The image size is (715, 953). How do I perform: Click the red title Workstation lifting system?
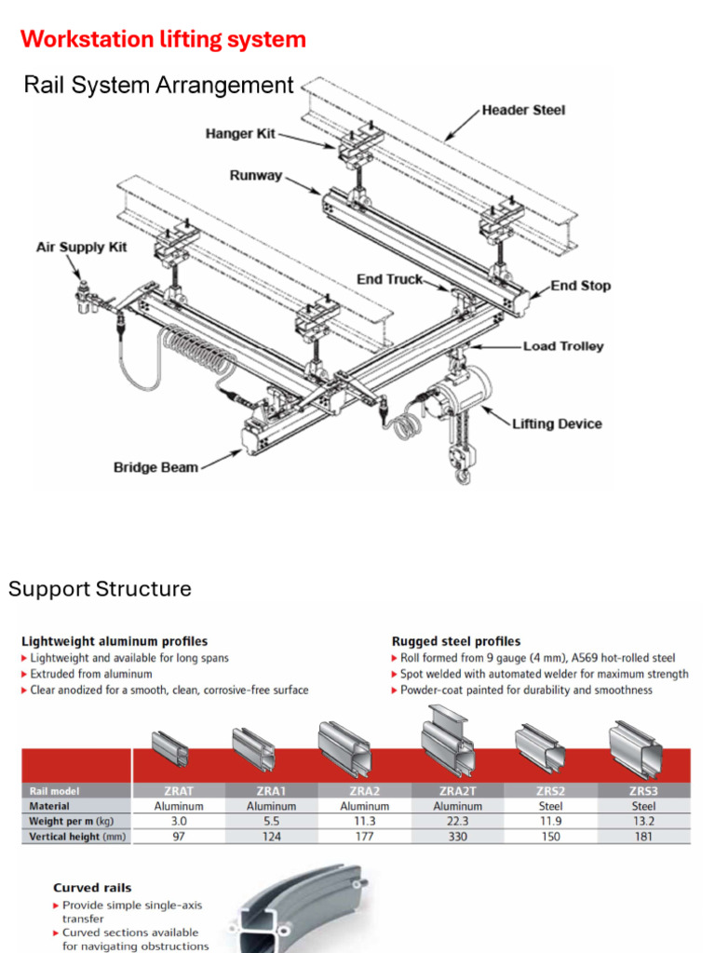click(163, 39)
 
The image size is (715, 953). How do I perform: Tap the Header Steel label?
click(523, 110)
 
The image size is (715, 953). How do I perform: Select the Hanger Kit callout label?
click(241, 134)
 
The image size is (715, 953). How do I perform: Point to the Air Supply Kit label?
click(81, 248)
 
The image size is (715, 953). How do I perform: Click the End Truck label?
click(389, 279)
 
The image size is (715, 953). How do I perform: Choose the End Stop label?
click(580, 286)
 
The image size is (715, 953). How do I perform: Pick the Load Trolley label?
click(562, 346)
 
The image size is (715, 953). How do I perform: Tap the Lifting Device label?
click(557, 423)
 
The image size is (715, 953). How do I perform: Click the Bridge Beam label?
click(155, 467)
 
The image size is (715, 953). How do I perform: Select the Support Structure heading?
click(100, 589)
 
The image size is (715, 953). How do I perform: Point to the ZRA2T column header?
click(457, 791)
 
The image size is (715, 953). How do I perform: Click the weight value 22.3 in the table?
click(457, 821)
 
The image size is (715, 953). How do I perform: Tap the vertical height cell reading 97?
click(179, 837)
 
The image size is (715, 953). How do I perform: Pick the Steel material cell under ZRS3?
click(643, 806)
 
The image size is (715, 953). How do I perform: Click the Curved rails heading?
click(92, 887)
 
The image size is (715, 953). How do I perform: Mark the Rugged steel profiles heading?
click(456, 641)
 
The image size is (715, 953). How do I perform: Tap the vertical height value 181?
click(643, 837)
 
